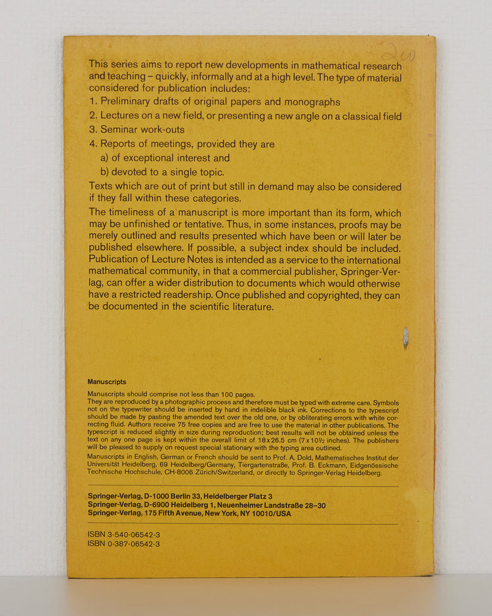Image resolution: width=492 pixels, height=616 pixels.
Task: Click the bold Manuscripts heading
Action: coord(107,382)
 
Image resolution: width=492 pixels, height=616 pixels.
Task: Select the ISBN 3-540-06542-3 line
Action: coord(123,535)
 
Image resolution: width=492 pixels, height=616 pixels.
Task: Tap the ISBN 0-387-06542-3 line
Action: coord(123,544)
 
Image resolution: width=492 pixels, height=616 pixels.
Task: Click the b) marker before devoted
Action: coord(104,172)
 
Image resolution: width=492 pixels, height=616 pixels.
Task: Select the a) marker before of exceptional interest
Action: coord(104,158)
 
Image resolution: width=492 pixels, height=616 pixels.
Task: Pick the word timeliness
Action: coord(136,213)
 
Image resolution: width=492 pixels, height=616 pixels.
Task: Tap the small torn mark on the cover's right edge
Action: coord(405,338)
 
